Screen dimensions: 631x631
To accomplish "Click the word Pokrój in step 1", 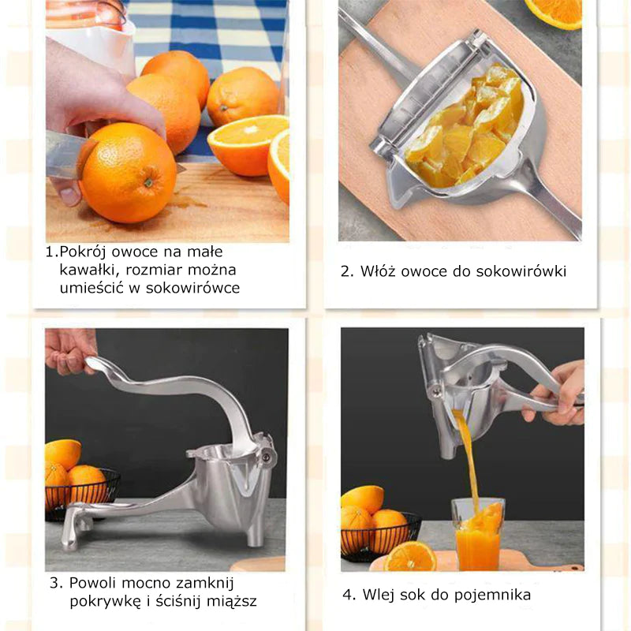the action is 83,252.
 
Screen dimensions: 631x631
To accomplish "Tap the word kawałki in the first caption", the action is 89,270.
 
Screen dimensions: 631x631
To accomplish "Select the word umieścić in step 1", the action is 91,287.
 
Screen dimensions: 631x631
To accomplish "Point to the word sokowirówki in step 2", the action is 521,271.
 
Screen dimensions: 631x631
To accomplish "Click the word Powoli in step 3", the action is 92,583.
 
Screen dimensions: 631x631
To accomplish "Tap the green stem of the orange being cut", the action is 148,183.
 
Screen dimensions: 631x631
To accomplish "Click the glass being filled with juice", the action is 479,535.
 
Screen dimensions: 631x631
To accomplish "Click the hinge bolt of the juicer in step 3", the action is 266,457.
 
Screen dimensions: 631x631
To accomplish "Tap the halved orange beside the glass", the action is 410,556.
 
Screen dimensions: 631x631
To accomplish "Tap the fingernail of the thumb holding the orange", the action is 70,195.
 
